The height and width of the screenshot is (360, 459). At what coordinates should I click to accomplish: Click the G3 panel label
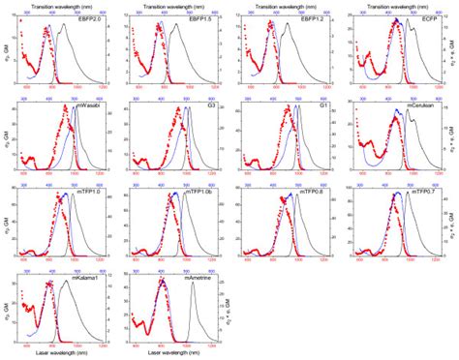click(208, 105)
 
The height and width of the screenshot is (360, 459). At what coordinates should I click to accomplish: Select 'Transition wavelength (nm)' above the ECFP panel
click(395, 5)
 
